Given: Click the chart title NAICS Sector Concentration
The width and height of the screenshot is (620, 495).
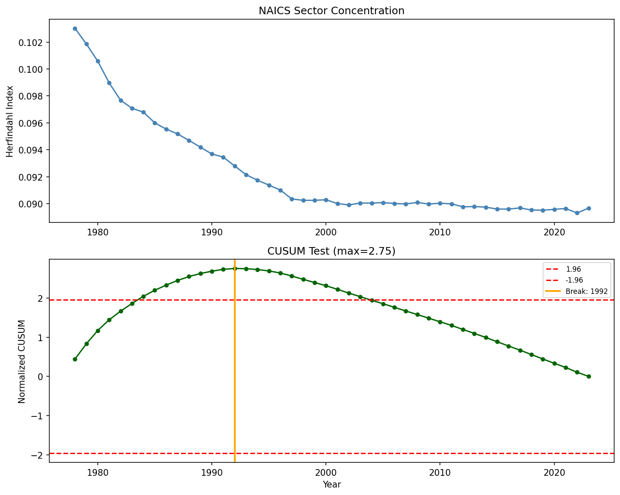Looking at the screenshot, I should click(x=331, y=11).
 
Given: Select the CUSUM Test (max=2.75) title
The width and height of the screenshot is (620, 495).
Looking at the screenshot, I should click(x=331, y=251).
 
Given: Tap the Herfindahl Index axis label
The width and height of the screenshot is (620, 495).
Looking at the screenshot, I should click(x=11, y=121).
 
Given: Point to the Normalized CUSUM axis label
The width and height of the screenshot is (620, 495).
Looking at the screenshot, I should click(x=22, y=362).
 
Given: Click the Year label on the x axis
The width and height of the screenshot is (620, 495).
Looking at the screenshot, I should click(x=331, y=485).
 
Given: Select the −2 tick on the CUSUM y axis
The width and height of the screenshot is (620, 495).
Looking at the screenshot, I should click(x=39, y=455).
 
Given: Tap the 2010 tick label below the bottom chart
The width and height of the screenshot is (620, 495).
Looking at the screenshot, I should click(x=440, y=472).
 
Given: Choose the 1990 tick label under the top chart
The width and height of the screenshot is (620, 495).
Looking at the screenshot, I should click(x=212, y=232).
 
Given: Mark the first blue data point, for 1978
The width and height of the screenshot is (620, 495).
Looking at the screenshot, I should click(x=75, y=28).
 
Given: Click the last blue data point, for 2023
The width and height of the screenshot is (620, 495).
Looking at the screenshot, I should click(x=588, y=208).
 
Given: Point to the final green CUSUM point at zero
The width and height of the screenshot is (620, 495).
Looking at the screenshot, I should click(x=588, y=376).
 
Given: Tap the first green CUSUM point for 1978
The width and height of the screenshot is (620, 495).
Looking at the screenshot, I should click(x=75, y=359).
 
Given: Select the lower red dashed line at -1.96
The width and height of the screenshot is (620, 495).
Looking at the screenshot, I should click(x=334, y=453).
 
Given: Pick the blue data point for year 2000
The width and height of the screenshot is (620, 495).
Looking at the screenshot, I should click(x=326, y=200).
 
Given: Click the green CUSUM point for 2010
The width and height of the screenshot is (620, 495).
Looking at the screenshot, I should click(x=440, y=322).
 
